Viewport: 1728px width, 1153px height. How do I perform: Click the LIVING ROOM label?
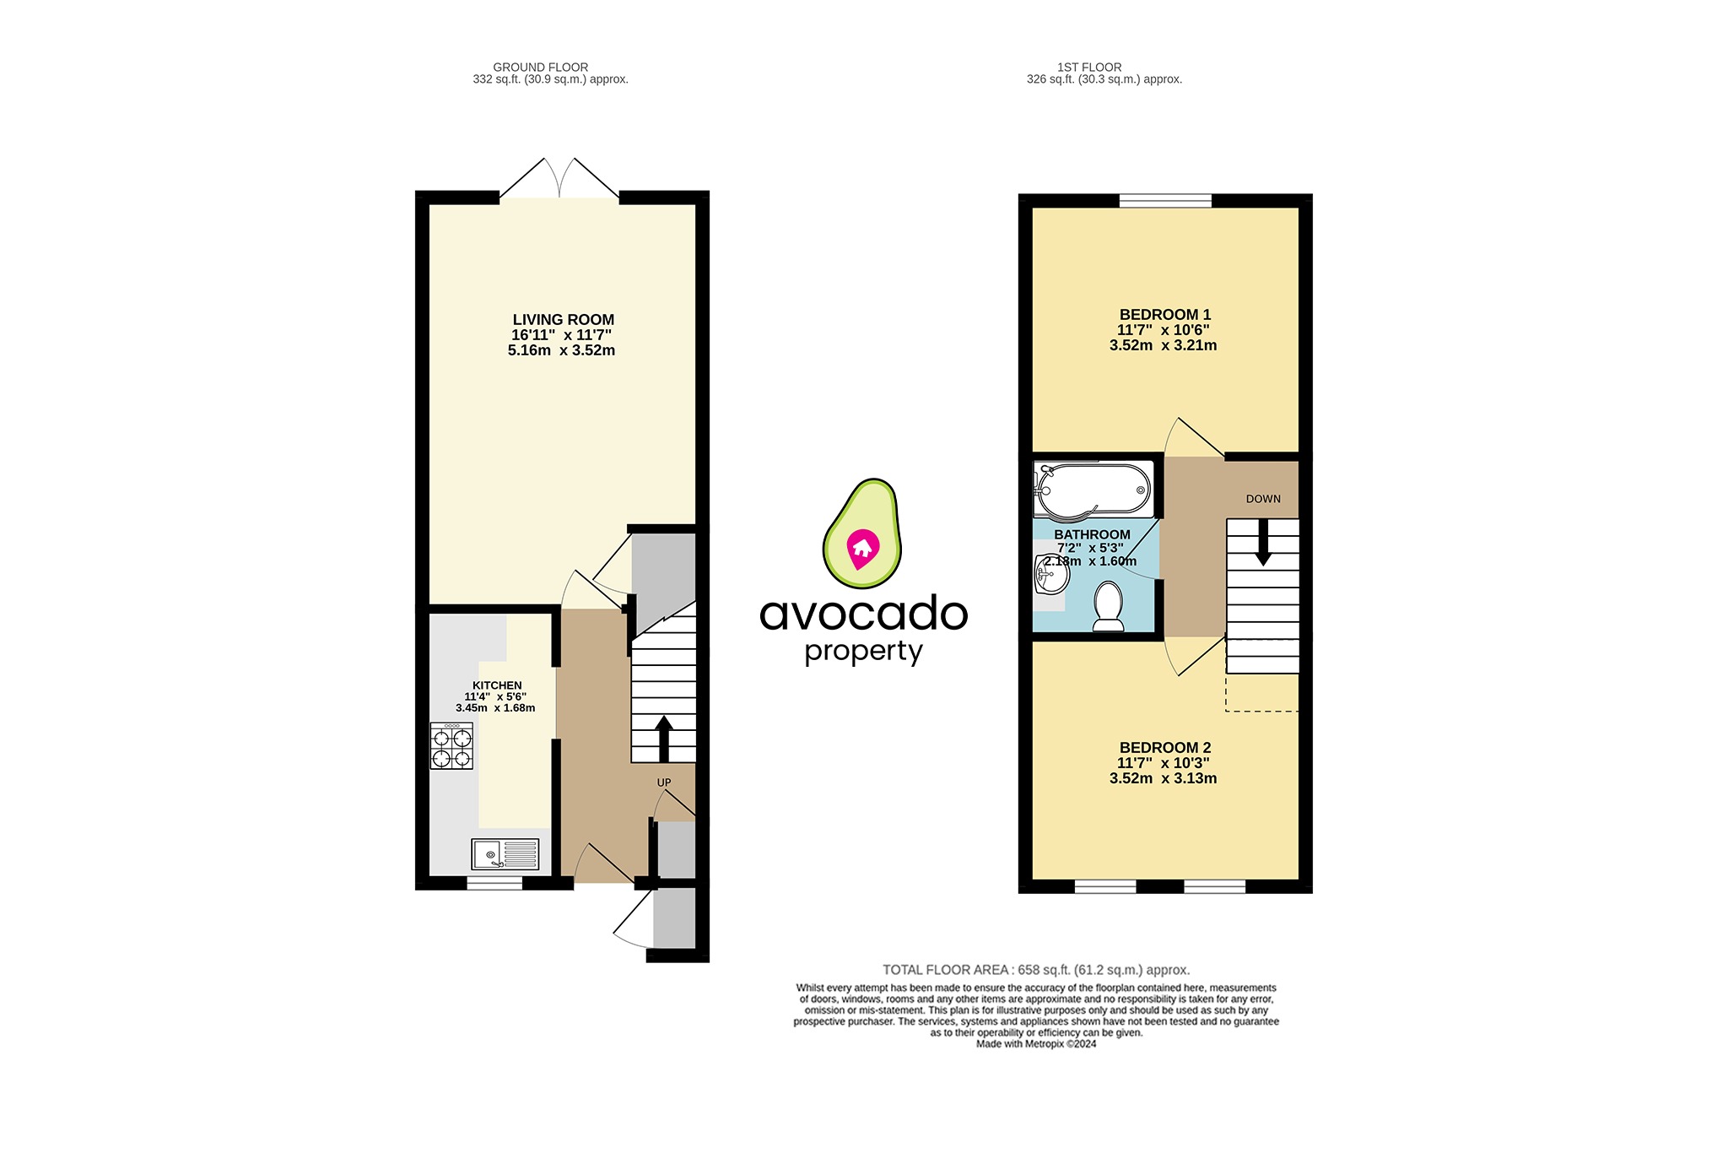click(x=563, y=320)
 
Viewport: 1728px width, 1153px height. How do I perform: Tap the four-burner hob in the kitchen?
click(x=451, y=747)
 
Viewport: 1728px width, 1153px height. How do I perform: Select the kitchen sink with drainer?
click(x=505, y=854)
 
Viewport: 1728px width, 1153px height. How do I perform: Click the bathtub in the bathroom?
click(x=1093, y=490)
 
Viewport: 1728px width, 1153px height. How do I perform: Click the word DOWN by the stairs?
click(x=1262, y=499)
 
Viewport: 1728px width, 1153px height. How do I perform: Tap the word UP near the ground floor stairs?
click(x=664, y=782)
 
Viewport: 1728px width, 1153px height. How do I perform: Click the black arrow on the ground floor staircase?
click(x=663, y=738)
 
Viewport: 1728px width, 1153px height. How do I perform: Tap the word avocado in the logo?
click(x=863, y=614)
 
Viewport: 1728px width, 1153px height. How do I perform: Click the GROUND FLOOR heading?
click(x=540, y=67)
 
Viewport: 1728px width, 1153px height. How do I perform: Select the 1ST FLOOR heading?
click(x=1088, y=67)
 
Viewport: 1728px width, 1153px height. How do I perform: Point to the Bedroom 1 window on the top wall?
click(x=1164, y=201)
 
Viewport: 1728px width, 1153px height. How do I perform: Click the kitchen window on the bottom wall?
click(x=494, y=883)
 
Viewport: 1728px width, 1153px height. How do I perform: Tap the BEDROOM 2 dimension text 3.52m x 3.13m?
click(x=1163, y=778)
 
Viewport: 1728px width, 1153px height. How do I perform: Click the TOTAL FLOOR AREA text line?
click(x=1035, y=970)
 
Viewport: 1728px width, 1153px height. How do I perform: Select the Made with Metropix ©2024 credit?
click(x=1035, y=1044)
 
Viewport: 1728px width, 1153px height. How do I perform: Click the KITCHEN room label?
click(x=497, y=685)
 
